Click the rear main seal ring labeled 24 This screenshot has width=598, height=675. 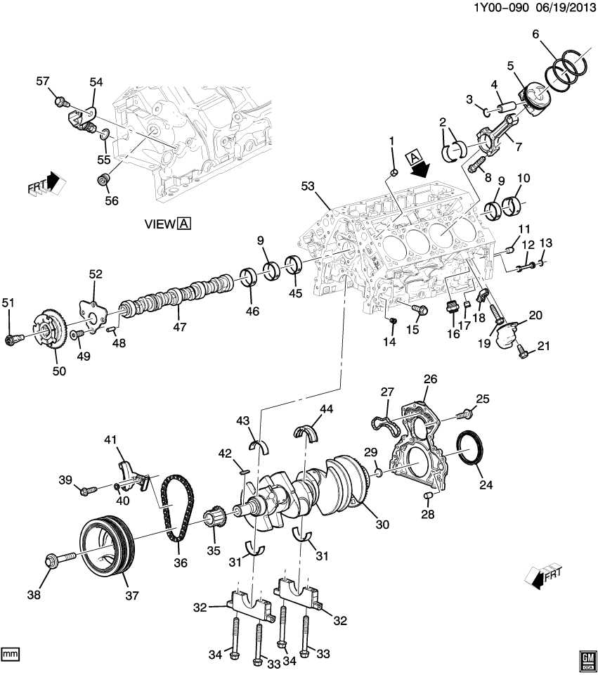click(469, 448)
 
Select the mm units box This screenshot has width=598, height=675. click(10, 654)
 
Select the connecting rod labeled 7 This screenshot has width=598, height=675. click(495, 135)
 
